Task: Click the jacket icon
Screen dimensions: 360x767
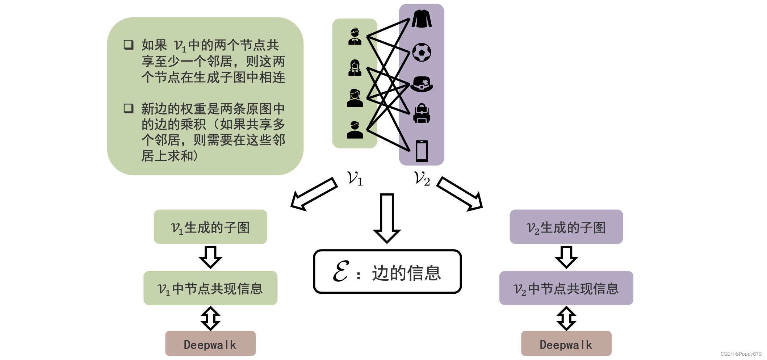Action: (422, 19)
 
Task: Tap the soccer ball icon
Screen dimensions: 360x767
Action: (422, 53)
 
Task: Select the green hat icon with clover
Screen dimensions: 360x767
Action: (422, 84)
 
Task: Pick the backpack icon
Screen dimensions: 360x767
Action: (422, 113)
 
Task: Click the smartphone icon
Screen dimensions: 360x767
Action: (422, 151)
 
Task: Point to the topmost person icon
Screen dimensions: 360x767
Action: (355, 36)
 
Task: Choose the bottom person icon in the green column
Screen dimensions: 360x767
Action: (355, 130)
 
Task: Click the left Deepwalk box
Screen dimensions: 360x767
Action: (210, 343)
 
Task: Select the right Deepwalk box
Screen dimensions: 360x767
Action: (566, 343)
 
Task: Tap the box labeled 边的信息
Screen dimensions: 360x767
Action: (387, 272)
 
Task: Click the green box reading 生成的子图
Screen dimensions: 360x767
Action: (210, 227)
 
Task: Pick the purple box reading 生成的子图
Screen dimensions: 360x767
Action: (566, 227)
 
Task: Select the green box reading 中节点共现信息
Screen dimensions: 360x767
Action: (210, 288)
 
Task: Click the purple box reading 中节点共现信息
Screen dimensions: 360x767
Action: (566, 288)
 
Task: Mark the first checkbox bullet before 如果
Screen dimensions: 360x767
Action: (129, 45)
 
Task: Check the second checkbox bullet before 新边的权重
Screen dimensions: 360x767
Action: (129, 108)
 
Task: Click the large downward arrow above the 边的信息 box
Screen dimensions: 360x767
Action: (387, 217)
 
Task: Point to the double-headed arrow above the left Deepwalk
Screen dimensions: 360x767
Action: (210, 318)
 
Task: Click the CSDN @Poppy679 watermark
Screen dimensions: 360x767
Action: (741, 354)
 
